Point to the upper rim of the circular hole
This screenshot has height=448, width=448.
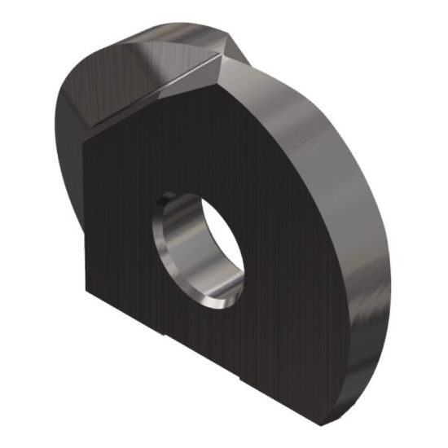pyautogui.click(x=195, y=193)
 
